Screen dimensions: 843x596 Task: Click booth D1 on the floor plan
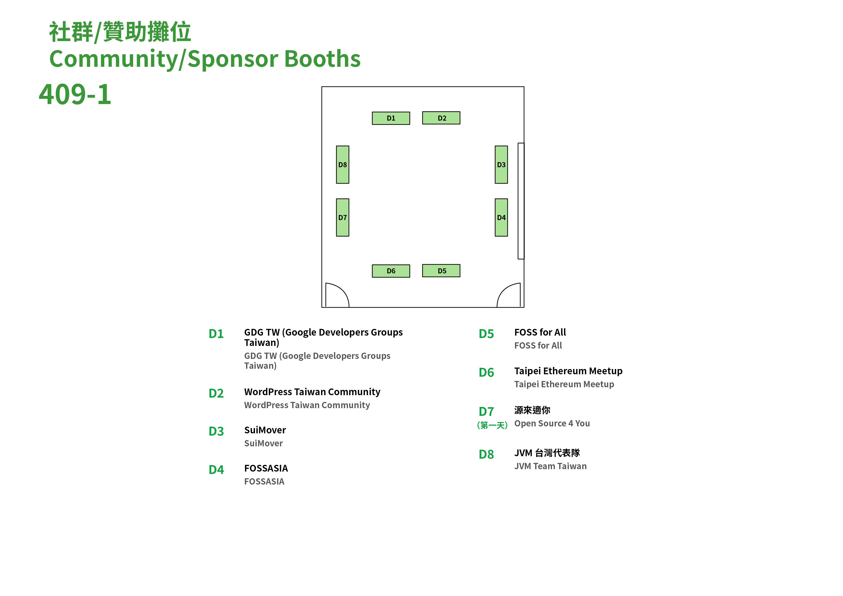(x=391, y=118)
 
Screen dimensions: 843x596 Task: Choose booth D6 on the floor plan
(x=391, y=271)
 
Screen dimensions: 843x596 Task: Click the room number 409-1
(x=75, y=94)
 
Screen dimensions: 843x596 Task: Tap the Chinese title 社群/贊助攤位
(x=120, y=32)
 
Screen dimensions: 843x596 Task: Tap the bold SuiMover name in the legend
(x=265, y=430)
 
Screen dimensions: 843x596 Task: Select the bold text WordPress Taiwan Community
(x=312, y=392)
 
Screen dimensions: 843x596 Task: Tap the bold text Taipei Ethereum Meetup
(x=568, y=371)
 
